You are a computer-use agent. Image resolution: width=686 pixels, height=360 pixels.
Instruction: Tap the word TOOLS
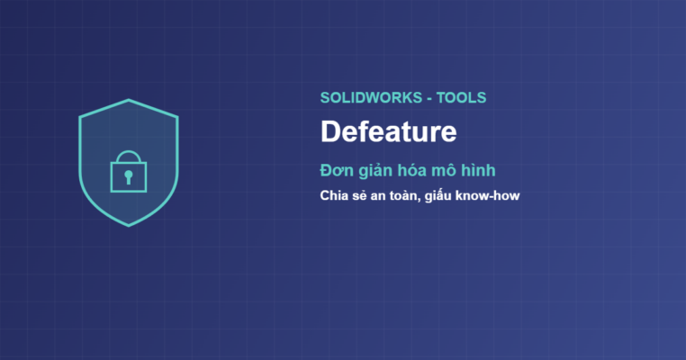pyautogui.click(x=461, y=97)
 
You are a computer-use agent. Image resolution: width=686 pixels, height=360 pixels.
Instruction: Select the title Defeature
pyautogui.click(x=389, y=131)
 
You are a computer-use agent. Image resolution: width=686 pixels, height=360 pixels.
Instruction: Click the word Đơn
pyautogui.click(x=336, y=170)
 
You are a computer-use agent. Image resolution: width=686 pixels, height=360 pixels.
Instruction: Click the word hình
pyautogui.click(x=479, y=170)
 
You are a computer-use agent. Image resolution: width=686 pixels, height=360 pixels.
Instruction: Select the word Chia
pyautogui.click(x=332, y=195)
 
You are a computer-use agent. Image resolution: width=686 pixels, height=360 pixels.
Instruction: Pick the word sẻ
pyautogui.click(x=357, y=195)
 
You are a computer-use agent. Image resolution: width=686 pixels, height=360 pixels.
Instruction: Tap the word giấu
pyautogui.click(x=438, y=196)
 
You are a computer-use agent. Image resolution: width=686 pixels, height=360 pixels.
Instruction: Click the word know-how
pyautogui.click(x=487, y=195)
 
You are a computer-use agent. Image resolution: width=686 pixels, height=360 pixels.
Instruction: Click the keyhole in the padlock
pyautogui.click(x=128, y=177)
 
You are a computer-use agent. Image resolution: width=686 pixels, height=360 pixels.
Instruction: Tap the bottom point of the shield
pyautogui.click(x=129, y=226)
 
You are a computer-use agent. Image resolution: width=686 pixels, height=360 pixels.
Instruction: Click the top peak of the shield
pyautogui.click(x=129, y=100)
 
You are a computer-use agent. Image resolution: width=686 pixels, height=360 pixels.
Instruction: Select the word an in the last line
pyautogui.click(x=377, y=196)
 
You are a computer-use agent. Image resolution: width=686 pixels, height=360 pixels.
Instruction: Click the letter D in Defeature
pyautogui.click(x=329, y=131)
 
